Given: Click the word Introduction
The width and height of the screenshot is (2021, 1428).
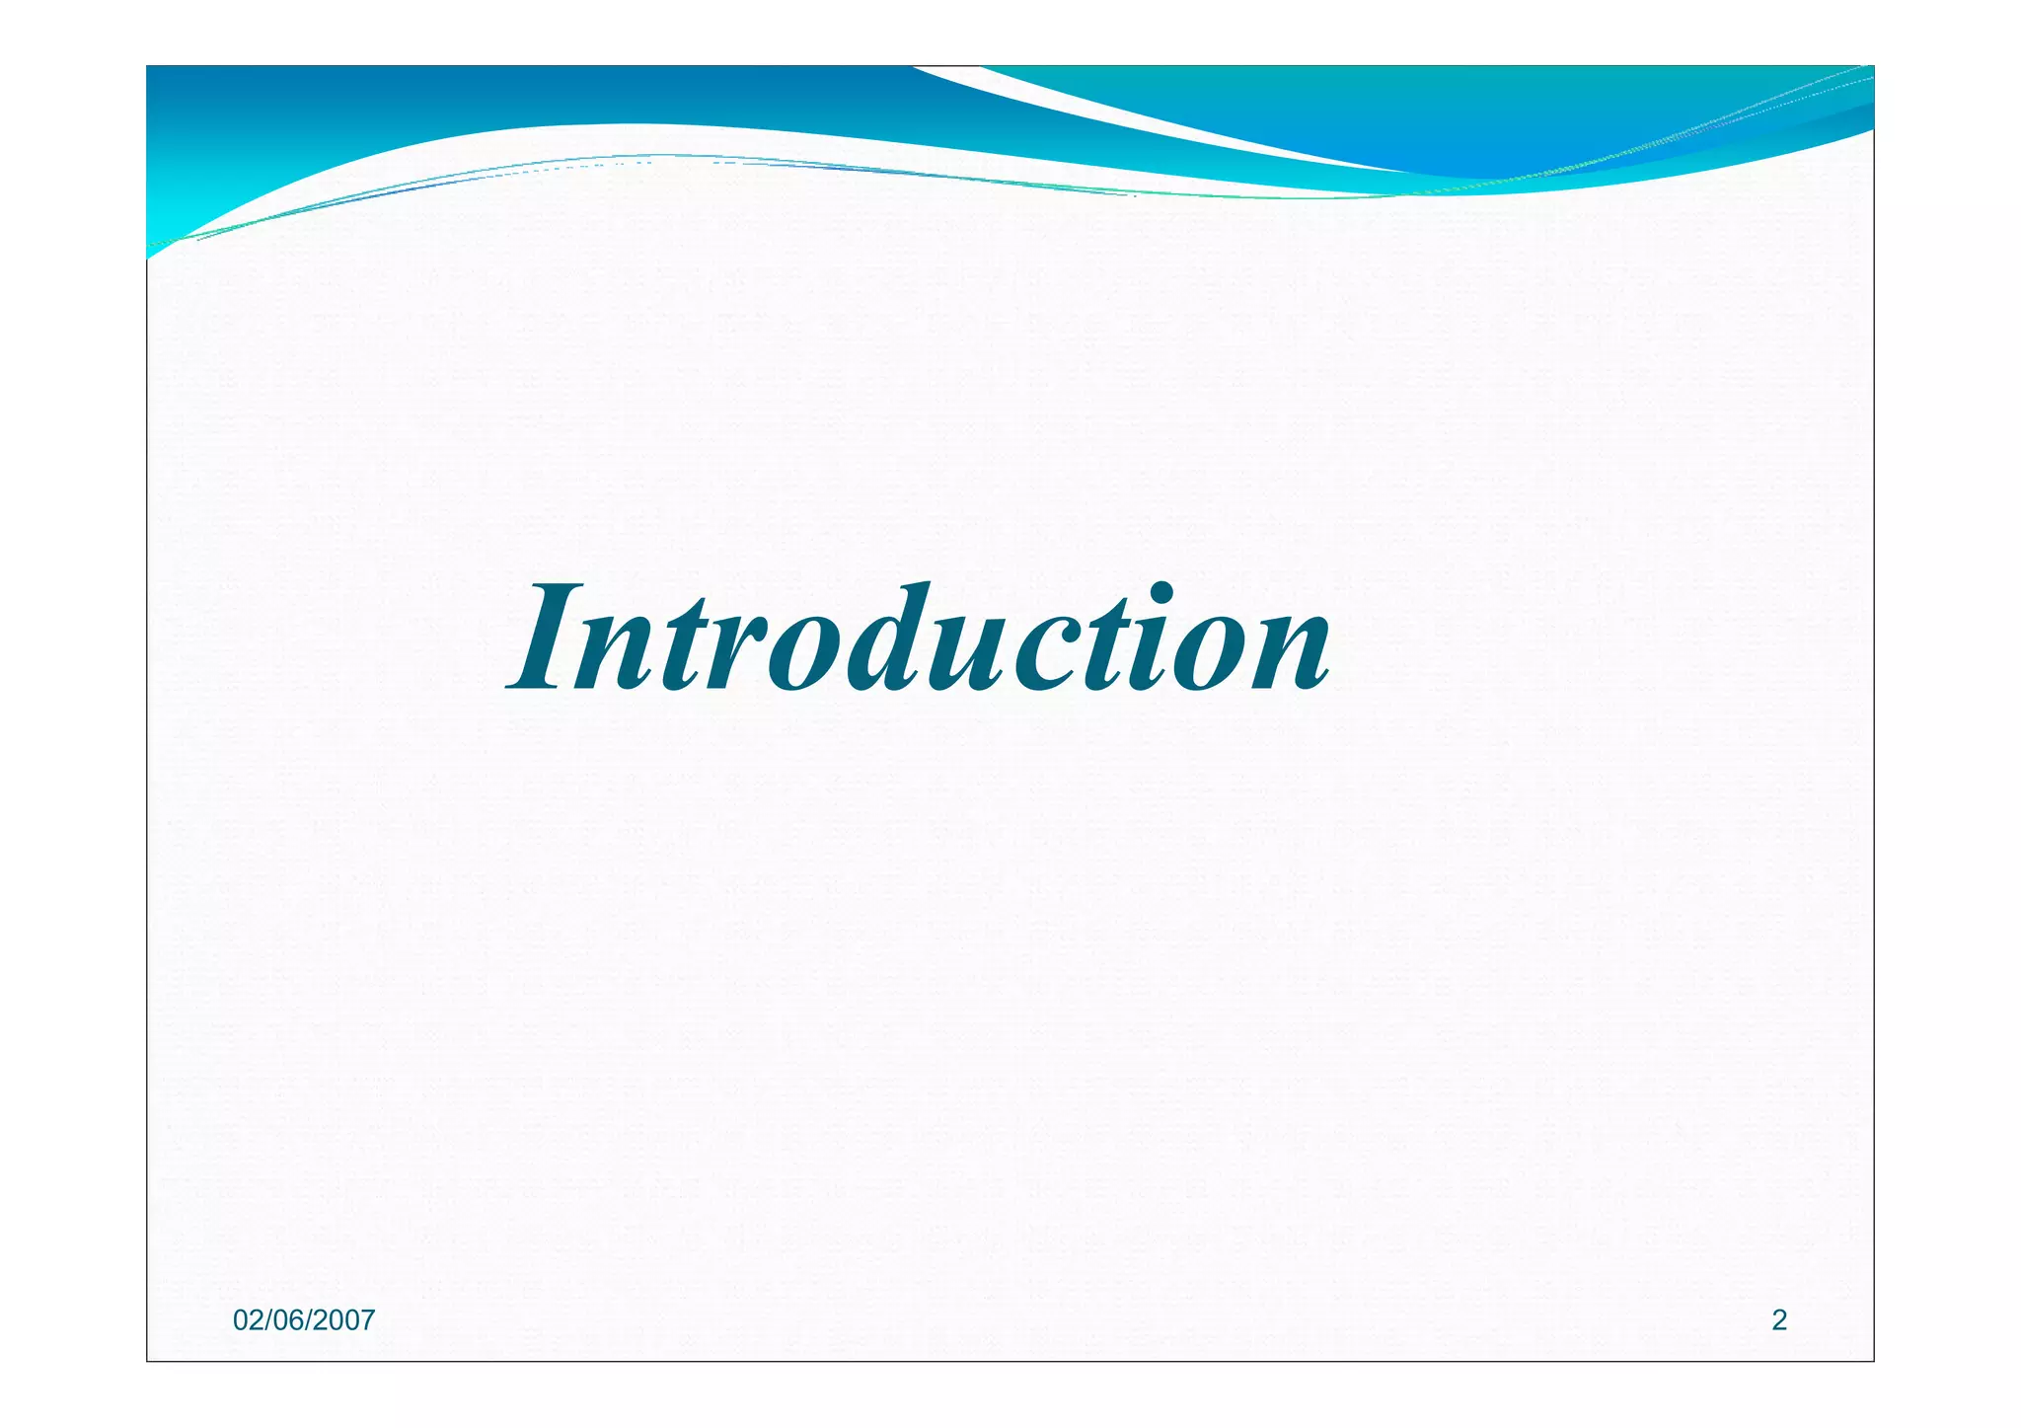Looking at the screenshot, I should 918,639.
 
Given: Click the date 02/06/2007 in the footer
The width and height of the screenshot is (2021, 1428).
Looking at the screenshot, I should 304,1320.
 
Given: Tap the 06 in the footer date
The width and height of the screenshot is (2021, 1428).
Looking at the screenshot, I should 288,1320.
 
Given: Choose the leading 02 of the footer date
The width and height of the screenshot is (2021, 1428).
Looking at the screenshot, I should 247,1320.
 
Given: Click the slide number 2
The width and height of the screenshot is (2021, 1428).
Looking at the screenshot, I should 1779,1320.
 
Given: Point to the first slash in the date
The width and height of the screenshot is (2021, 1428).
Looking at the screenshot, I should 267,1320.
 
